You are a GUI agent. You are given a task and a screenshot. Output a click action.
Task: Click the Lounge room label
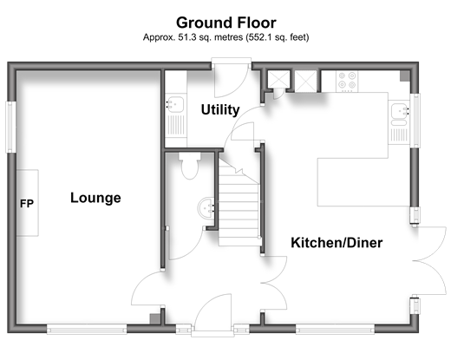point(95,199)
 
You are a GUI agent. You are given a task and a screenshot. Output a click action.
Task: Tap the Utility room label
point(220,110)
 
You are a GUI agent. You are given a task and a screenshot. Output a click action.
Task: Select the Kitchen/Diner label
point(337,243)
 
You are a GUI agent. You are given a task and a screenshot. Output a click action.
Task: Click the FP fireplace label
point(27,204)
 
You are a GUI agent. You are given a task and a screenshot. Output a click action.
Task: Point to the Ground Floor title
point(226,23)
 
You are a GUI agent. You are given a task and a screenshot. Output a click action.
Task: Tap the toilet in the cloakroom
point(190,166)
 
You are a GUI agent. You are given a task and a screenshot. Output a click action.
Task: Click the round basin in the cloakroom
point(206,207)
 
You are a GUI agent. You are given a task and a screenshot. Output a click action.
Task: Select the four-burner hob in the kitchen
point(347,81)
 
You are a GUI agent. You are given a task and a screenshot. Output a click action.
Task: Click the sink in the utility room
point(175,104)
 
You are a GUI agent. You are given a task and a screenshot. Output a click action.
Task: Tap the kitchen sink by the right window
point(400,111)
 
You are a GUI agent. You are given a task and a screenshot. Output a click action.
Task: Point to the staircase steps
point(239,202)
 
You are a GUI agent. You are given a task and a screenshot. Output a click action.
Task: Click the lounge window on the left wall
point(11,127)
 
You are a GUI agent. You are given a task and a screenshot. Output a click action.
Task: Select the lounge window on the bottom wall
point(87,329)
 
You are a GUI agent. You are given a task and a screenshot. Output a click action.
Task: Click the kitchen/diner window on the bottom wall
point(335,329)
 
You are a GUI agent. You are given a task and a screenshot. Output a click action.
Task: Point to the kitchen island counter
point(353,182)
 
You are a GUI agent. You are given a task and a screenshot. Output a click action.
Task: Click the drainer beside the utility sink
point(175,125)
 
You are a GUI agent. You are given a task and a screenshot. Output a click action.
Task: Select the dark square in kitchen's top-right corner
point(405,75)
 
